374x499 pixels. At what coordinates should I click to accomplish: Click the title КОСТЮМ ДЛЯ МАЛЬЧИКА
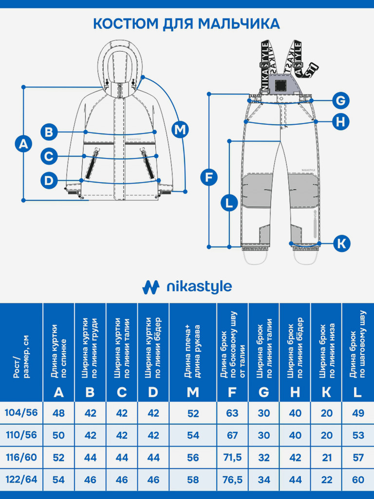(187, 24)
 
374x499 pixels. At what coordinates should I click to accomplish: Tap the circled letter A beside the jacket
(23, 144)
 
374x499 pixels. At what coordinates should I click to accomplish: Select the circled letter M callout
(180, 130)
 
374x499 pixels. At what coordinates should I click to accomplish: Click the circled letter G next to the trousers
(341, 101)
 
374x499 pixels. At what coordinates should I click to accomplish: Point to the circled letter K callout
(342, 243)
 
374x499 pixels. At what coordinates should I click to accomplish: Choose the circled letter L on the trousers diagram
(229, 202)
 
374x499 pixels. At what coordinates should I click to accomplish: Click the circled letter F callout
(209, 177)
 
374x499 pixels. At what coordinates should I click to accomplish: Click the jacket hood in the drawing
(118, 61)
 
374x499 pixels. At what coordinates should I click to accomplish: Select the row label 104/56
(21, 413)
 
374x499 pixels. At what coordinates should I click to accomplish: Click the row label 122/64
(21, 480)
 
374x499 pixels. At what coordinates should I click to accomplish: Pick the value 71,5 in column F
(232, 458)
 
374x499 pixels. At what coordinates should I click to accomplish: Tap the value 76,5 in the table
(232, 480)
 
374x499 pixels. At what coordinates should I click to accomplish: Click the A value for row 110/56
(58, 435)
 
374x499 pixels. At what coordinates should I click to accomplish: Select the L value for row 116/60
(358, 458)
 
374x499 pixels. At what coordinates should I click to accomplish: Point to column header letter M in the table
(193, 392)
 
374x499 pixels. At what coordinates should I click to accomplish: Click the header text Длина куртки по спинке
(58, 351)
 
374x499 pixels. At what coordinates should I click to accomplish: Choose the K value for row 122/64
(327, 480)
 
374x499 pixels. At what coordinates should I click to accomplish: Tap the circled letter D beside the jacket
(49, 181)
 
